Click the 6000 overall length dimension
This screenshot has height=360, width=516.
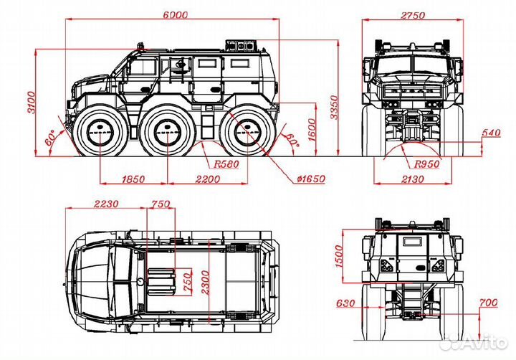(175, 14)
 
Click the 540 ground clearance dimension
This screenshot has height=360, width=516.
(490, 134)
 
